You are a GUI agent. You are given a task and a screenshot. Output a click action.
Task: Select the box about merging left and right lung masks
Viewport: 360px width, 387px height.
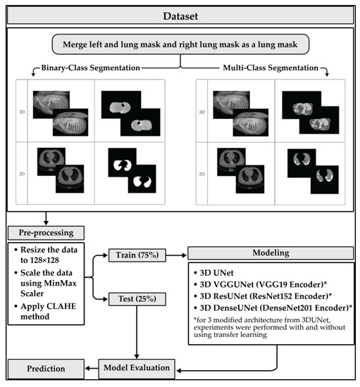point(182,44)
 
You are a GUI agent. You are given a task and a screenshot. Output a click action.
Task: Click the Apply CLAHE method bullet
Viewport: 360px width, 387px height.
point(49,311)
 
